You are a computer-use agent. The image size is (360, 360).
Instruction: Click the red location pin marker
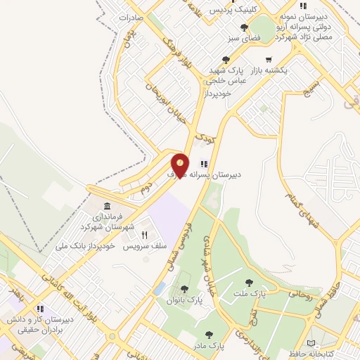pyautogui.click(x=179, y=166)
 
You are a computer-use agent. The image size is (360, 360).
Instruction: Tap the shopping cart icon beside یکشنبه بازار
pyautogui.click(x=268, y=60)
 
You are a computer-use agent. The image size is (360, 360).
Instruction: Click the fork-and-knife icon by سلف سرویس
pyautogui.click(x=144, y=235)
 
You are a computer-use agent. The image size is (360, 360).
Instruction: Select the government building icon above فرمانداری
pyautogui.click(x=107, y=206)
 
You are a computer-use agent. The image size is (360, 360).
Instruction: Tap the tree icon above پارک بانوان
pyautogui.click(x=184, y=288)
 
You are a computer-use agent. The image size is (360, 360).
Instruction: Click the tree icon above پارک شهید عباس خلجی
pyautogui.click(x=225, y=60)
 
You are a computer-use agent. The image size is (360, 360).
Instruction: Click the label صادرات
pyautogui.click(x=131, y=16)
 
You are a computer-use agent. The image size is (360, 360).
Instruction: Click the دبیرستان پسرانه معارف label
pyautogui.click(x=204, y=173)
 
